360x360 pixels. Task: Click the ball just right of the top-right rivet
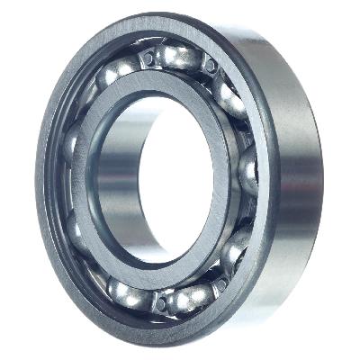pyautogui.click(x=229, y=90)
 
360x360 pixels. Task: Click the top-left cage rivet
pyautogui.click(x=144, y=61)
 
